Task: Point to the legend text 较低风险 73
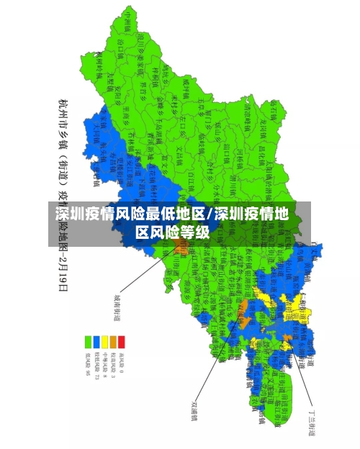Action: point(96,365)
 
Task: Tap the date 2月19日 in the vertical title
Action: point(63,270)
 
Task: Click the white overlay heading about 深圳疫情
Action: point(173,223)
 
